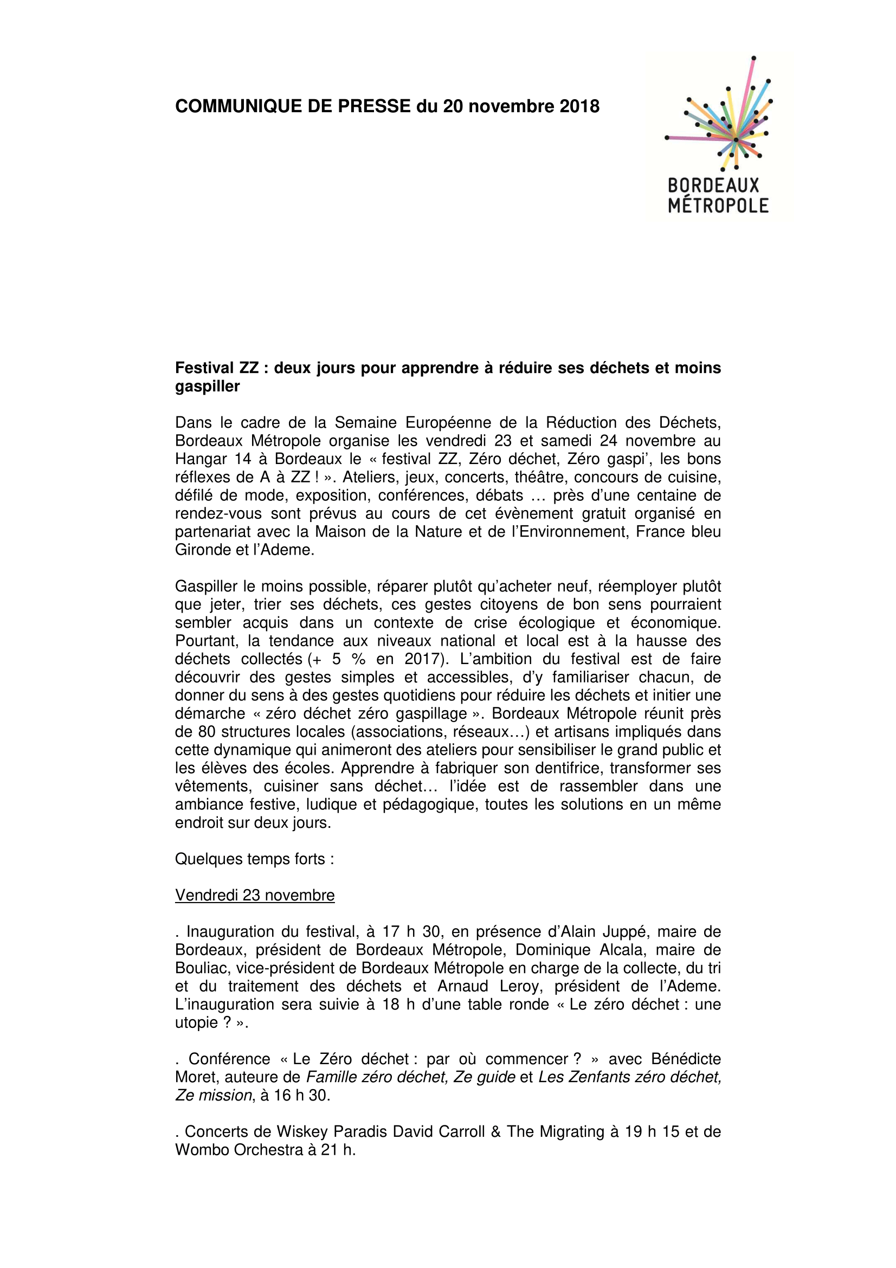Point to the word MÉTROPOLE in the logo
[718, 206]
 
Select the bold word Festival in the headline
[204, 368]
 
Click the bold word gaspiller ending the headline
[207, 386]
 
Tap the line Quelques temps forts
[255, 859]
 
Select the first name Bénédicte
[686, 1059]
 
